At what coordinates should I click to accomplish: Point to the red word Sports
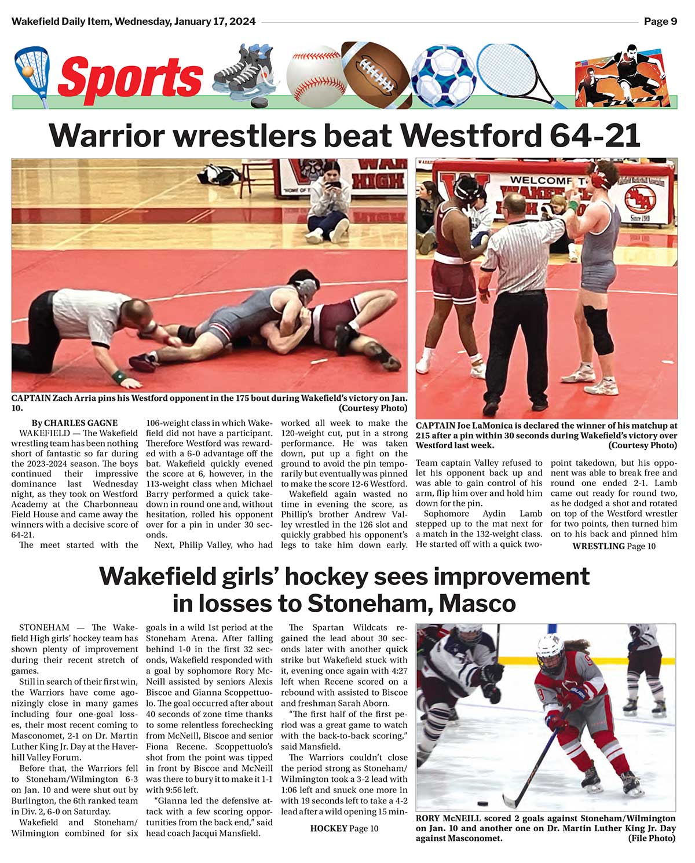130,77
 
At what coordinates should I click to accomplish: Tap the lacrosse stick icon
32,72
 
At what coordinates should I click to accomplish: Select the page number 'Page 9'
660,22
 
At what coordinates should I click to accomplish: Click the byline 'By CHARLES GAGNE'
75,423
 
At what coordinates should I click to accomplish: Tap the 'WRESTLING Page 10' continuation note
614,546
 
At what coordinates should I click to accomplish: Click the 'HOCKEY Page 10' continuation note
344,828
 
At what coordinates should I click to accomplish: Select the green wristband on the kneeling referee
119,376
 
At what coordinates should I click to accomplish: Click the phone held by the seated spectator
335,187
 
